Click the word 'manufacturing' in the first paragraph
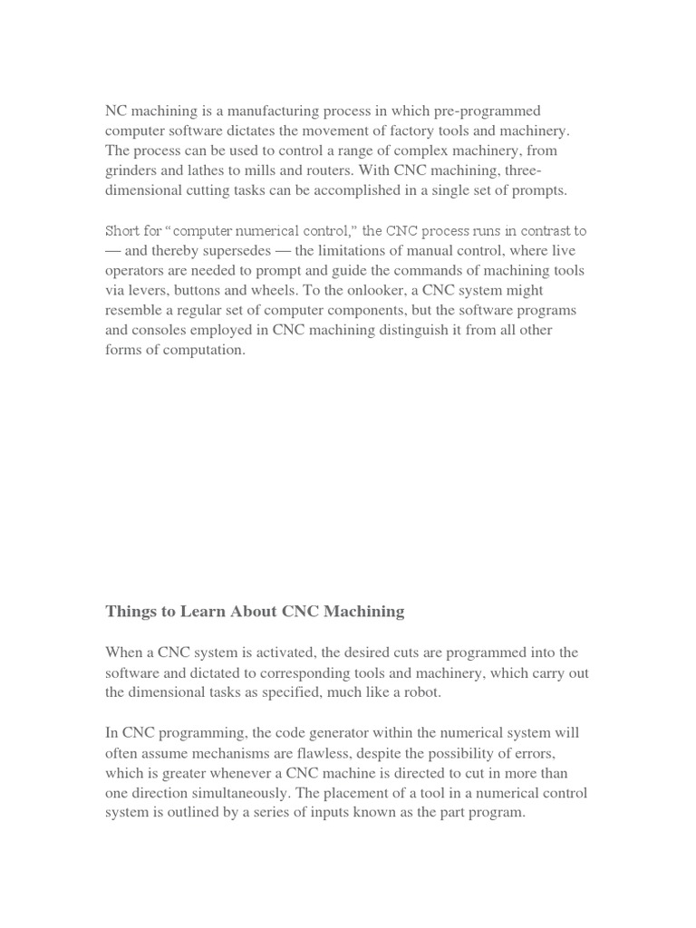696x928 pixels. [x=282, y=111]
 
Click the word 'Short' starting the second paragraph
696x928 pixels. [x=122, y=230]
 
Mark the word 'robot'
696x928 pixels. [x=418, y=692]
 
